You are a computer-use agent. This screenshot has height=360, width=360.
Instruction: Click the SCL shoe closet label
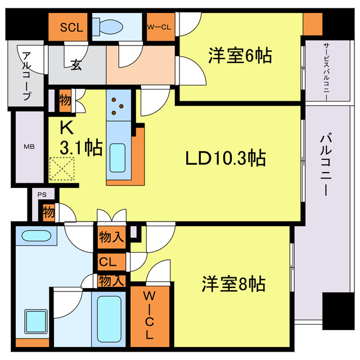coord(71,28)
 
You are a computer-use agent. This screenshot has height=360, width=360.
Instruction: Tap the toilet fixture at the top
coord(108,27)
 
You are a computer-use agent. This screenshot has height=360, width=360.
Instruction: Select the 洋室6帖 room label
coord(240,56)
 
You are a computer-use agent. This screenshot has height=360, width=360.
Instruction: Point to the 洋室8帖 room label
coord(233,283)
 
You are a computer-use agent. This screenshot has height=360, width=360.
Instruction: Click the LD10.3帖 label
coord(226,157)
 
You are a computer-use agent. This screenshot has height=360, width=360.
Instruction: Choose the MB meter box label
coord(29,146)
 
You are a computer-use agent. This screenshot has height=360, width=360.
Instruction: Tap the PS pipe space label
coord(42,195)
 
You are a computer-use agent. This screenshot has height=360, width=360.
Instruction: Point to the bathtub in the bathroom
coord(109,319)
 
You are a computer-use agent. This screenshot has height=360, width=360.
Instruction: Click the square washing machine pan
coord(36,322)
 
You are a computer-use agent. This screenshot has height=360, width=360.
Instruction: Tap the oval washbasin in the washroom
coord(36,236)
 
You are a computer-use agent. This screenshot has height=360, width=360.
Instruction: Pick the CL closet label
coord(107,262)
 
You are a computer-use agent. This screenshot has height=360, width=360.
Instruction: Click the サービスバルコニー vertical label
coord(326,71)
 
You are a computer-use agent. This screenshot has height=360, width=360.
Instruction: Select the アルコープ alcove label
coord(27,76)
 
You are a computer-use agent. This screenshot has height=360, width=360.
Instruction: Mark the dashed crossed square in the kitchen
coord(62,169)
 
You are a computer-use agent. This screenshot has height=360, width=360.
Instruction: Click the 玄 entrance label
coord(76,65)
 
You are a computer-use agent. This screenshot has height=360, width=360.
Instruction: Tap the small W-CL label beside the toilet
coord(159,28)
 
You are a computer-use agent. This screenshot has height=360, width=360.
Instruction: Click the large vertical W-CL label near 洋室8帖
coord(149,315)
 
